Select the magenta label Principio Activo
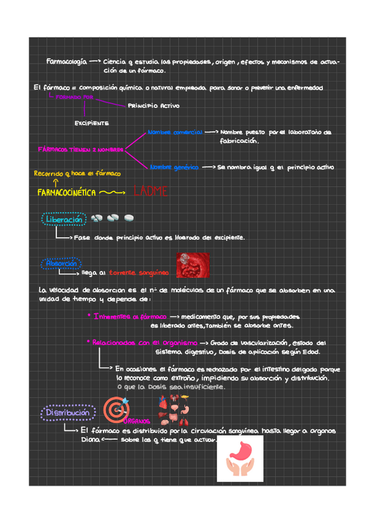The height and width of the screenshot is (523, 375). point(154,106)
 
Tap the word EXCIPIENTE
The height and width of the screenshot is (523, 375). point(92,123)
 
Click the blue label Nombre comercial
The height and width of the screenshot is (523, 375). point(175,132)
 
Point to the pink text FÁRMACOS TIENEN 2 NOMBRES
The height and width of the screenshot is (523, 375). point(80,150)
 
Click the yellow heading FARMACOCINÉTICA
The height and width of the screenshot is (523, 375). point(67,193)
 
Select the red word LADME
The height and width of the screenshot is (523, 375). point(150,192)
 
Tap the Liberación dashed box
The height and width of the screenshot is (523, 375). point(63,220)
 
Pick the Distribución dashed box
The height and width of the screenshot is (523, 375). point(68,412)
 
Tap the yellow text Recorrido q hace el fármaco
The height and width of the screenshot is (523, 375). point(77,174)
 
